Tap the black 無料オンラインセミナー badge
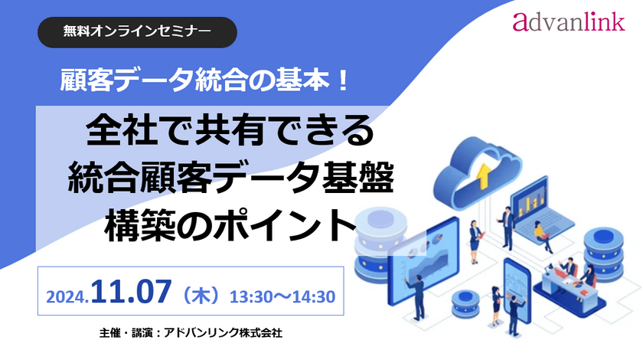137,33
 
